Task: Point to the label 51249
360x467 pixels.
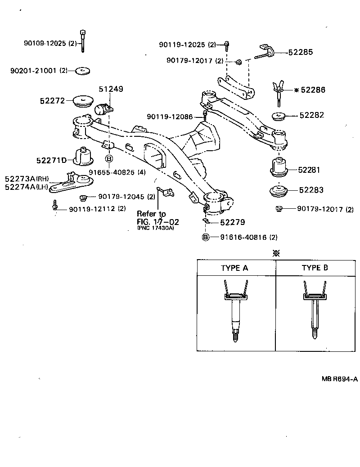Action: click(x=111, y=90)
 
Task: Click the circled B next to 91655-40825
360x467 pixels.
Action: click(x=109, y=159)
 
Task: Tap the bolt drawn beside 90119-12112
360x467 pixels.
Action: click(x=55, y=205)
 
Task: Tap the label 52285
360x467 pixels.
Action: click(x=300, y=53)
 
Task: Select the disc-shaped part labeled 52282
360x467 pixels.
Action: click(x=279, y=117)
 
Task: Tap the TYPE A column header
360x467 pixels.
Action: click(x=234, y=268)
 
